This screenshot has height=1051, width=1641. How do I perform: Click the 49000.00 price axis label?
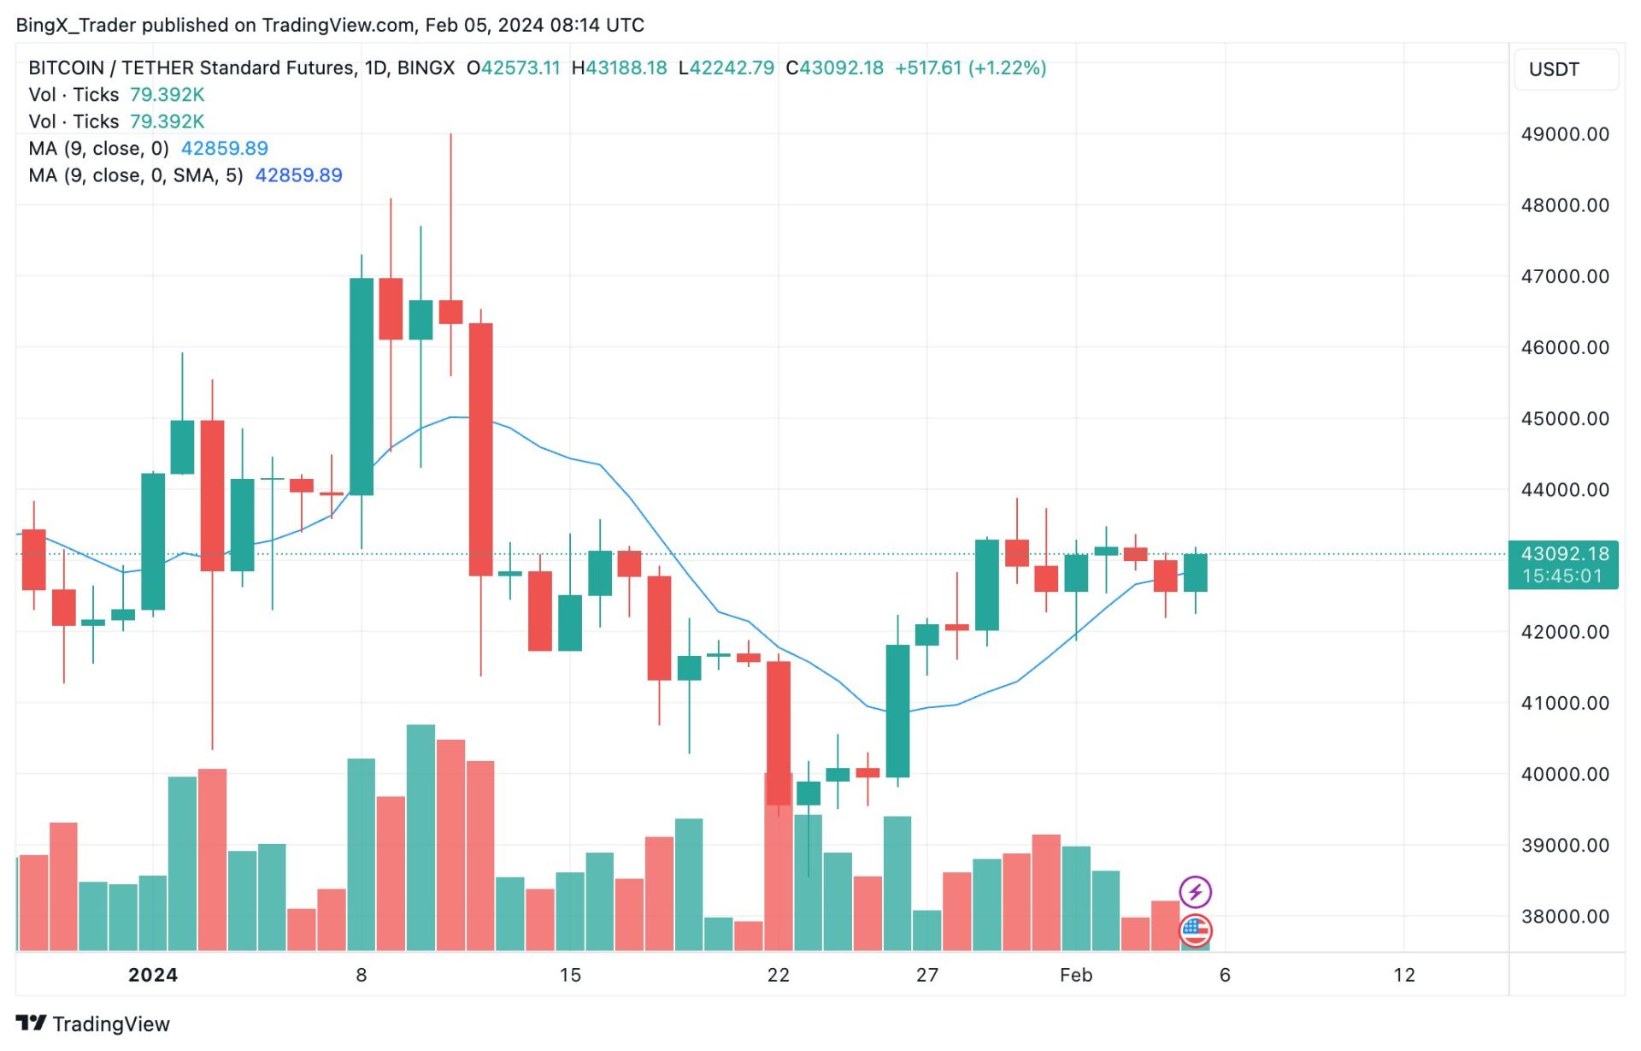click(x=1564, y=134)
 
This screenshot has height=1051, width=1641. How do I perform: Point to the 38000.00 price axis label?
click(x=1564, y=917)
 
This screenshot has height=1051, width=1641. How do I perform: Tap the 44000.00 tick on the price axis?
click(x=1564, y=490)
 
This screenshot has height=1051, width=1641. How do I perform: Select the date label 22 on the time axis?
click(x=778, y=975)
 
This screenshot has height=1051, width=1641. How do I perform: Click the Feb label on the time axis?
click(x=1075, y=975)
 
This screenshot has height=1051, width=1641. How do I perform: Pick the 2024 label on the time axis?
click(x=153, y=975)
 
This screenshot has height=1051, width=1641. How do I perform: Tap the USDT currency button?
click(x=1553, y=69)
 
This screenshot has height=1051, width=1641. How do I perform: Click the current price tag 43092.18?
click(x=1563, y=554)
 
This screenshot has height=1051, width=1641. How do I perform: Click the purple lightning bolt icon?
click(x=1195, y=892)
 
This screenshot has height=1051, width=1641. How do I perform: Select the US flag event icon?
click(x=1195, y=930)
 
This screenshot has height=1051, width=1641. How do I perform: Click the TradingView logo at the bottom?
click(x=93, y=1024)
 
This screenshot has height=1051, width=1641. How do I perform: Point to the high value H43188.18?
click(x=619, y=68)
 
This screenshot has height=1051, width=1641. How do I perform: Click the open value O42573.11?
click(x=513, y=68)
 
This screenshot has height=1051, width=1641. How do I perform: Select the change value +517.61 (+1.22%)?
click(x=970, y=68)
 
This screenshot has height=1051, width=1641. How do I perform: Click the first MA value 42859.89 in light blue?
click(x=224, y=149)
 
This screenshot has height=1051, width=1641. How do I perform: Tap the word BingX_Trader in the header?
click(x=75, y=25)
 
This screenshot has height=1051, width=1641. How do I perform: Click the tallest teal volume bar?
click(x=421, y=838)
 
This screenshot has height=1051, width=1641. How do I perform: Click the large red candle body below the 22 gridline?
click(x=778, y=733)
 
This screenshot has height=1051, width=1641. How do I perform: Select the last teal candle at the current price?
click(x=1195, y=573)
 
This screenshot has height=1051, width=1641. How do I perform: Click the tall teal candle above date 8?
click(x=362, y=387)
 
